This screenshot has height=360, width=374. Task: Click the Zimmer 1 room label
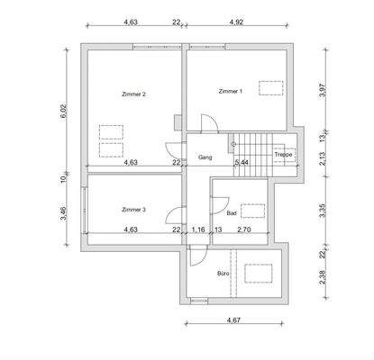click(x=231, y=91)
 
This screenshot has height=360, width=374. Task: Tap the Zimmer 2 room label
click(x=133, y=94)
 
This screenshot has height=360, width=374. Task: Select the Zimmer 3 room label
click(x=133, y=210)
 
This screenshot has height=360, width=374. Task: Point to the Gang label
click(x=205, y=157)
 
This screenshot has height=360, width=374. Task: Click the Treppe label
click(x=283, y=155)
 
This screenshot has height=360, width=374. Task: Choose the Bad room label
click(x=232, y=213)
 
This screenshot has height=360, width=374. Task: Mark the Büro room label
click(x=223, y=274)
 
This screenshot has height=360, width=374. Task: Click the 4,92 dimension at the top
click(x=236, y=22)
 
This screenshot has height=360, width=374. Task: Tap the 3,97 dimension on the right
click(x=323, y=90)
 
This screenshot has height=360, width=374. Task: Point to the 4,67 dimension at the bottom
click(x=233, y=320)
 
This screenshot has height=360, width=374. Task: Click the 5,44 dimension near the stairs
click(x=242, y=163)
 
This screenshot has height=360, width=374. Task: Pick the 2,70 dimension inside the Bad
click(x=244, y=229)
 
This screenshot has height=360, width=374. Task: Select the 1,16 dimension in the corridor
click(x=198, y=229)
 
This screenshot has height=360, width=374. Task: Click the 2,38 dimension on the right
click(x=323, y=277)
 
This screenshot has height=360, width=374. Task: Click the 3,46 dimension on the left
click(x=65, y=213)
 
